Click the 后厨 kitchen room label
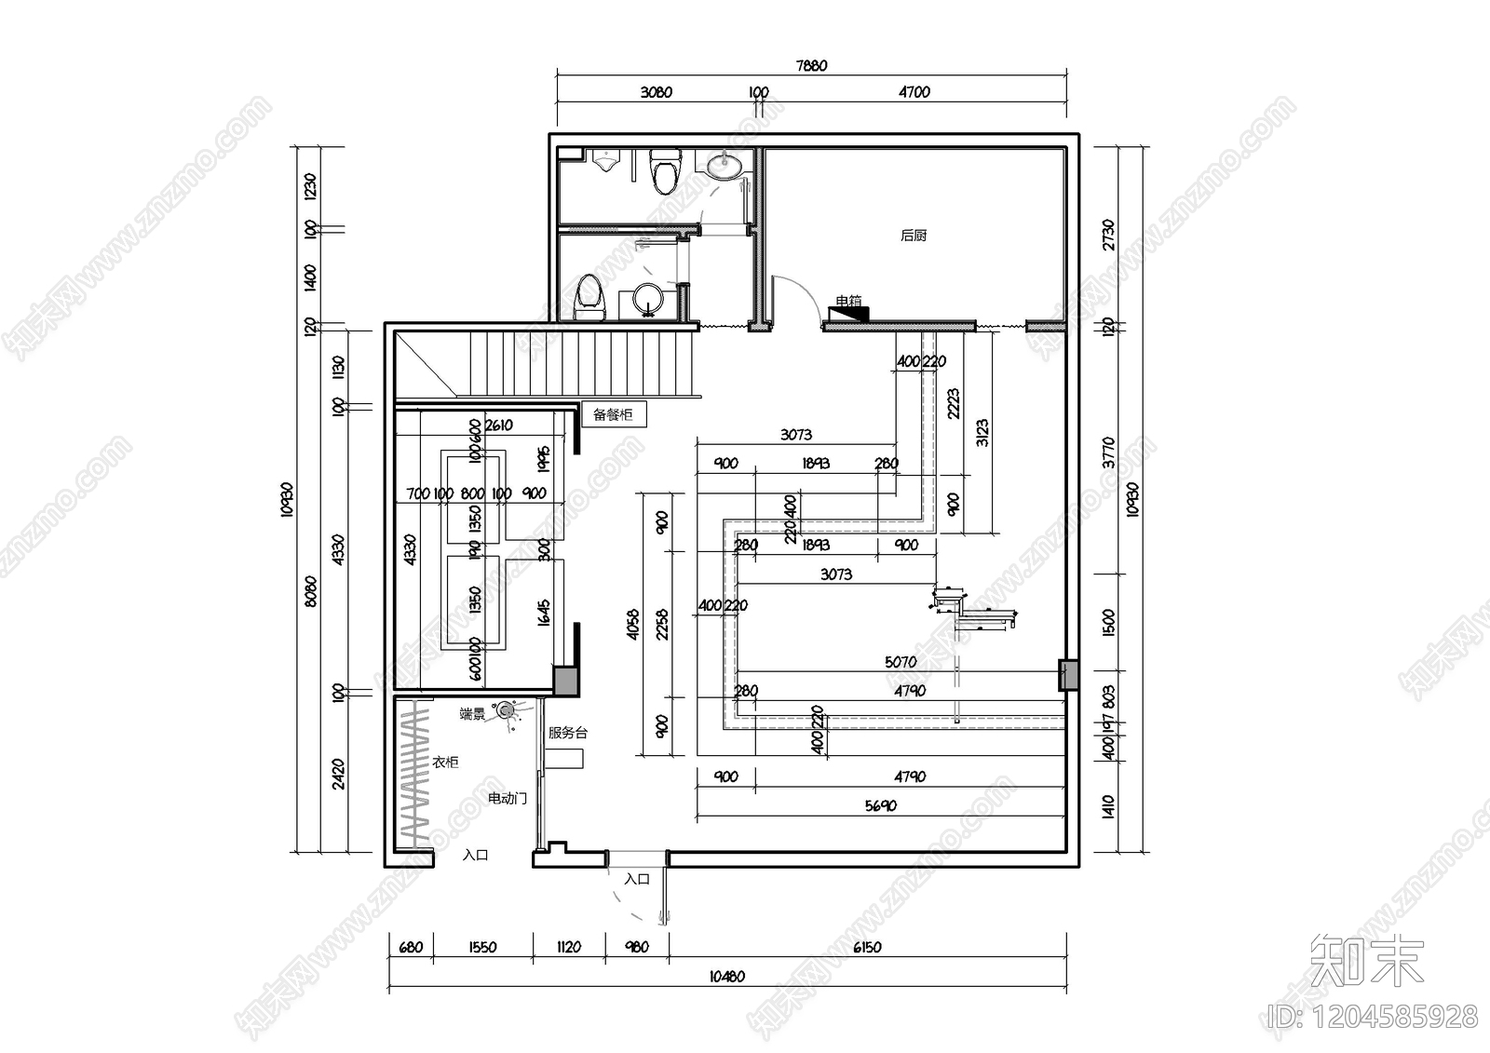click(914, 236)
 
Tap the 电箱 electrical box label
click(848, 302)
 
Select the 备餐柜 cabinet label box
click(613, 415)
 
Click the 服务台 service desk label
click(567, 733)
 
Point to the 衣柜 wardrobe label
click(445, 763)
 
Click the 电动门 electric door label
click(508, 799)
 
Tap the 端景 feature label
click(472, 714)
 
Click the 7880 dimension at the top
click(811, 66)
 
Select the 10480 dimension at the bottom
click(726, 977)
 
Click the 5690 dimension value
click(880, 806)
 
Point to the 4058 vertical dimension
click(634, 624)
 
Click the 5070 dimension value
click(901, 662)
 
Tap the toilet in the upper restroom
click(665, 171)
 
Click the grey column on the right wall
click(1068, 675)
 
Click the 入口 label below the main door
click(637, 879)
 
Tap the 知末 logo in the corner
click(1367, 963)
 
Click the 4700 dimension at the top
click(914, 92)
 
